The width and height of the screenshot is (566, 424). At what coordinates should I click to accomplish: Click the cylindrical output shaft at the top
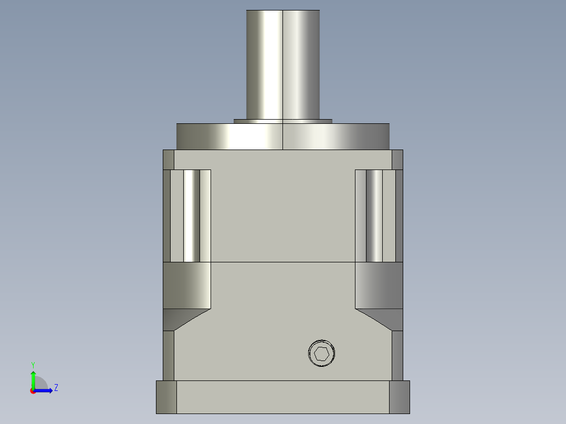[x=283, y=63]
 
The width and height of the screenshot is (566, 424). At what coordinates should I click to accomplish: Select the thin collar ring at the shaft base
[x=283, y=121]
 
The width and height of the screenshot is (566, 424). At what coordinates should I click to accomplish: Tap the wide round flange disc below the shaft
[x=283, y=136]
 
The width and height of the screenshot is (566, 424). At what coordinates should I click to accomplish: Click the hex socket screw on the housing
[x=321, y=354]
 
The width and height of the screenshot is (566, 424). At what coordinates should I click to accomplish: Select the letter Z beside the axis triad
[x=56, y=388]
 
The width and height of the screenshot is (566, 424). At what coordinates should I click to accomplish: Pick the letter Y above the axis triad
[x=33, y=364]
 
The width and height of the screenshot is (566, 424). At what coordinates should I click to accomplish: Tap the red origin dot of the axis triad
[x=33, y=391]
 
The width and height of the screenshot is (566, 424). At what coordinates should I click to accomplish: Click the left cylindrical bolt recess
[x=192, y=216]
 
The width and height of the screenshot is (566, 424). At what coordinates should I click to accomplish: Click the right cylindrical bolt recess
[x=374, y=216]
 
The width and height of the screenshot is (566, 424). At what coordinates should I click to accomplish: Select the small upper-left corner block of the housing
[x=169, y=160]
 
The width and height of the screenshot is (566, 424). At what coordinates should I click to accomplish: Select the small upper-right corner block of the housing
[x=397, y=160]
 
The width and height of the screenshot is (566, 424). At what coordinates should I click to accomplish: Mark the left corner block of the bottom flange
[x=166, y=397]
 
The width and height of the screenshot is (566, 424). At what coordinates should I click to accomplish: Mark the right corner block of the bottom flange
[x=399, y=397]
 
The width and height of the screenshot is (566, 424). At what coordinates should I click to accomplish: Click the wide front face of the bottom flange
[x=283, y=397]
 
